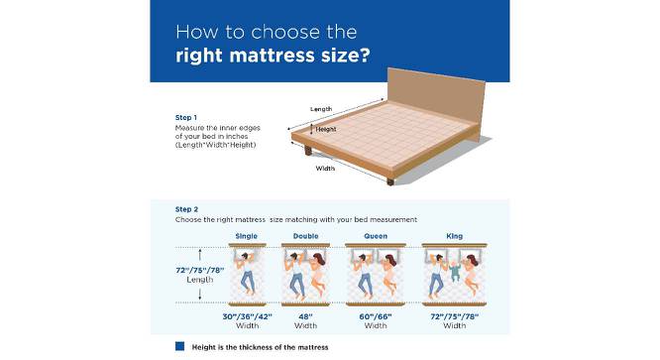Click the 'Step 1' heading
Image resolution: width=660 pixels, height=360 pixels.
186,117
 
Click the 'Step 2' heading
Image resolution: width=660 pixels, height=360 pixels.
186,209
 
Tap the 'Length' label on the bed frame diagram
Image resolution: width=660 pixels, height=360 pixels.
321,109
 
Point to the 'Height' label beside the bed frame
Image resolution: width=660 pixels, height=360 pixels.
326,129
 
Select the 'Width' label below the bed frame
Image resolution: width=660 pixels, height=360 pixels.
325,169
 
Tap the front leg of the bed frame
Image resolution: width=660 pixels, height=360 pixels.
390,181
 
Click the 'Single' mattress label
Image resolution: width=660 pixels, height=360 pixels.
246,236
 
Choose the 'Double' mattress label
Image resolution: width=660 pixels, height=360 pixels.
305,236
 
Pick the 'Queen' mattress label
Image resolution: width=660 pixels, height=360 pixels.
376,236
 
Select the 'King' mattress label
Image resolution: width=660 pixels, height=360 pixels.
454,236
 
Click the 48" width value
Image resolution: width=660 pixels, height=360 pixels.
305,316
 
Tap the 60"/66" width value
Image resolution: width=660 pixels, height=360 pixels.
376,316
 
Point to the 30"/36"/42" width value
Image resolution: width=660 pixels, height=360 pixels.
247,316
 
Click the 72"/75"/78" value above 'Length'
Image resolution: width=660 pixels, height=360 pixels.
200,271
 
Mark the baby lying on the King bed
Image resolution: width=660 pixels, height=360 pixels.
455,271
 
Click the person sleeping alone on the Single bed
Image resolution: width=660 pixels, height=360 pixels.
246,273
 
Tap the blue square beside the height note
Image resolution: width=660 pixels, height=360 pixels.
179,346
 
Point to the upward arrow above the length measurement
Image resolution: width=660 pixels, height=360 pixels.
200,255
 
